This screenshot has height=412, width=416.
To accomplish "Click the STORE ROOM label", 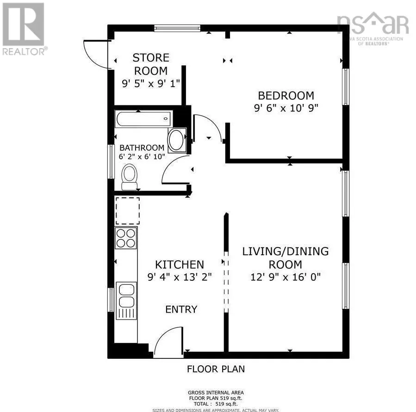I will tap(151, 64).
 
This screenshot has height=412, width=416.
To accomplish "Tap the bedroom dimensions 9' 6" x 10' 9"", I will tap(286, 108).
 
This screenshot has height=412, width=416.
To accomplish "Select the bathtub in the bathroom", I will tap(143, 119).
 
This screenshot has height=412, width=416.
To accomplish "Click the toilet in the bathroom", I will tap(130, 178).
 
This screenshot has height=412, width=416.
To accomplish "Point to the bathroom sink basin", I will tap(176, 141).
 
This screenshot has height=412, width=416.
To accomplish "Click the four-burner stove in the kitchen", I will tap(126, 238).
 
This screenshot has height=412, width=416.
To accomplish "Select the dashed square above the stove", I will tap(127, 211).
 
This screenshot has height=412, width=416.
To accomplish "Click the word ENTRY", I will tap(181, 309).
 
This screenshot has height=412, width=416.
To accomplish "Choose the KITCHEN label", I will tap(179, 264).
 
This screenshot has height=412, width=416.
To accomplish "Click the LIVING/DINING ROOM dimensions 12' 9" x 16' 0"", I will tap(286, 277).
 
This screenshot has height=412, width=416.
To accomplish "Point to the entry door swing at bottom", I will tap(168, 342).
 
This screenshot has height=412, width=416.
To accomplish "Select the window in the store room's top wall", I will tap(177, 29).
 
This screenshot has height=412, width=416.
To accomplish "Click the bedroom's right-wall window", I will tap(345, 87).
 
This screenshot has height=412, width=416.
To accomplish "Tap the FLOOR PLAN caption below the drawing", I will tap(216, 369).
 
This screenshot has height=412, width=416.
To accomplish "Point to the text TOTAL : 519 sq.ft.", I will tap(216, 404).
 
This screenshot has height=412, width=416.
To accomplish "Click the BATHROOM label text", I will tap(142, 148).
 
